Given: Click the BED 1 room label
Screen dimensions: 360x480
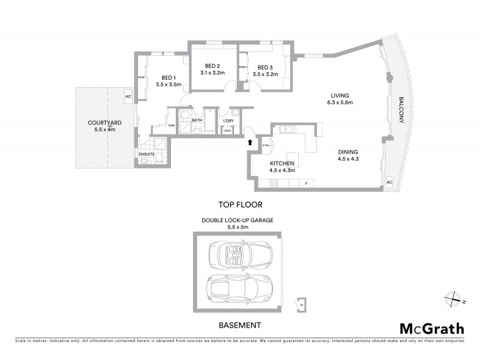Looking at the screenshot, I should [x=168, y=77].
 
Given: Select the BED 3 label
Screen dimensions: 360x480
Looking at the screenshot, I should [x=266, y=67].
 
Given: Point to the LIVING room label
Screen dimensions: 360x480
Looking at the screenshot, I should [x=340, y=95].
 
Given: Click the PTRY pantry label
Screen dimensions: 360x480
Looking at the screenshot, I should [x=266, y=145].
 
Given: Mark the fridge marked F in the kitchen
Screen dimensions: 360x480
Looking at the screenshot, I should [x=306, y=183].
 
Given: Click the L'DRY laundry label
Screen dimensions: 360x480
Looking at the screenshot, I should [x=228, y=121].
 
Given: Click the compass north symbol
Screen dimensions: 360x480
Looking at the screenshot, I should [x=455, y=298].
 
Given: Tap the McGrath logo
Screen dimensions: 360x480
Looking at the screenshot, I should [x=431, y=328].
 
